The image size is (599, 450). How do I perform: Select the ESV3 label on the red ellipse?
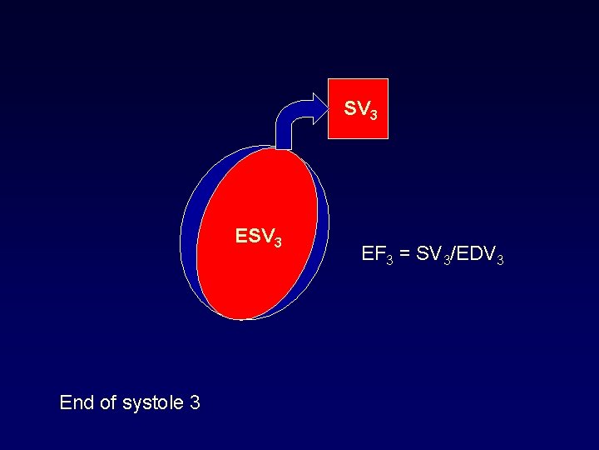tap(259, 237)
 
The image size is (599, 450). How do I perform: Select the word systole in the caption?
tap(153, 403)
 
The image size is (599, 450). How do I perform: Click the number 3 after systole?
tap(195, 403)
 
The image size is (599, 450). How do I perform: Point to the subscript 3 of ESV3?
tap(278, 242)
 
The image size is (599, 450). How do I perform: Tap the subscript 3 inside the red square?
tap(374, 114)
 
